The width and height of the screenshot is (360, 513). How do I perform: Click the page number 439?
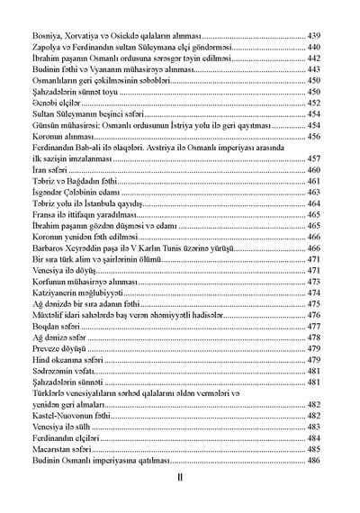314,33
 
